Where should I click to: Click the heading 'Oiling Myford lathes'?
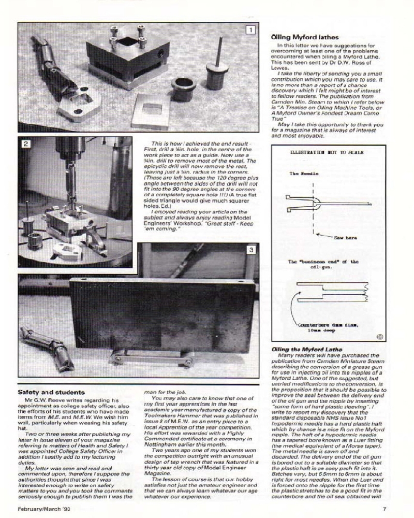305,37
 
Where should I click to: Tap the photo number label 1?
250,30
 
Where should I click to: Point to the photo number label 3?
251,250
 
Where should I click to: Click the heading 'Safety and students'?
51,392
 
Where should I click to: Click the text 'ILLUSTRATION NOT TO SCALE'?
327,153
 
